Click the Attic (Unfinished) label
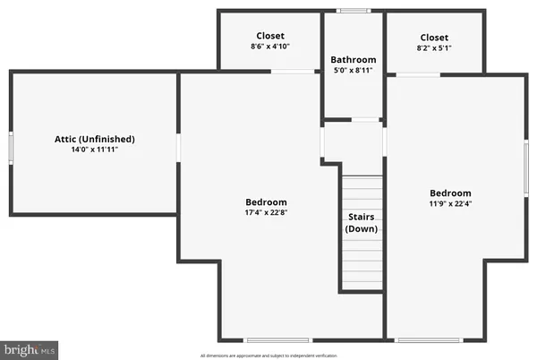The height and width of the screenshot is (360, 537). pos(94,139)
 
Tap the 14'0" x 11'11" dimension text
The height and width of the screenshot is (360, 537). pos(94,150)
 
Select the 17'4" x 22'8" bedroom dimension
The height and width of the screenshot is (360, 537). pos(267,212)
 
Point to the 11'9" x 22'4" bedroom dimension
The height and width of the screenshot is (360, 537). pos(449,203)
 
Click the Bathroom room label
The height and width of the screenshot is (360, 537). pos(354,59)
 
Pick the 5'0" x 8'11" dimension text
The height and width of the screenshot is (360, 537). pos(354,70)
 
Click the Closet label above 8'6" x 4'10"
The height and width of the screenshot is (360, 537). pos(269,37)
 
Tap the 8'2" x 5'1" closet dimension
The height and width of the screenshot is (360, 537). pos(434,48)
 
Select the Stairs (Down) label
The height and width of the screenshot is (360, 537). pos(362,223)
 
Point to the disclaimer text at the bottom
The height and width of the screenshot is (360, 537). pos(268,355)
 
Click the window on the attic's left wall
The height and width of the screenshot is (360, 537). pos(11,147)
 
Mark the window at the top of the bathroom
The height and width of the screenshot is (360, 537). pos(354,11)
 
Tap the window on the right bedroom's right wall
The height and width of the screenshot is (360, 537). pos(525,167)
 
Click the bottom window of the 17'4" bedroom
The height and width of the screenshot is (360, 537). pos(278,339)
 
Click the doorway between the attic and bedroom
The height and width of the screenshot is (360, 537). pos(179,147)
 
